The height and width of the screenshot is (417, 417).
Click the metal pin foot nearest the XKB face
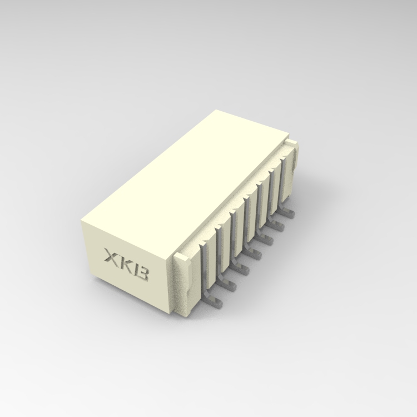tap(215, 301)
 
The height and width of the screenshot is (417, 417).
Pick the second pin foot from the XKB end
tap(228, 285)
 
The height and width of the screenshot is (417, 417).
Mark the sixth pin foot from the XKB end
tap(277, 226)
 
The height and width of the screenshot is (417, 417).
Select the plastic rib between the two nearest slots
tap(215, 253)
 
